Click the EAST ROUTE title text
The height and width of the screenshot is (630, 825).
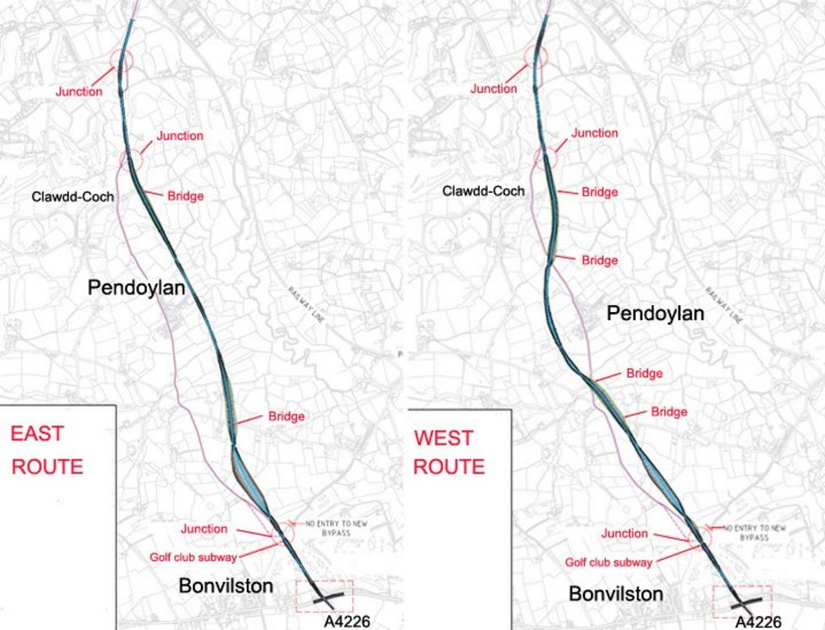(x=46, y=450)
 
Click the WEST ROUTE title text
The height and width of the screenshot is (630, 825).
(x=449, y=452)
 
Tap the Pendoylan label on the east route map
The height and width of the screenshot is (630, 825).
(x=136, y=288)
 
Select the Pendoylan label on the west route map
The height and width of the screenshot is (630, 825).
(x=655, y=314)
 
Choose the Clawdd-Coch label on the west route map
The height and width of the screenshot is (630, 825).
(x=483, y=191)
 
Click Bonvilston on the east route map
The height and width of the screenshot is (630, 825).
(x=226, y=586)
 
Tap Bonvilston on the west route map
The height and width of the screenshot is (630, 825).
(x=615, y=594)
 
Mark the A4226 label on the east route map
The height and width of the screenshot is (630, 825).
(x=347, y=622)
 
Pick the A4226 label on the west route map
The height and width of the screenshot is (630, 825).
(x=757, y=622)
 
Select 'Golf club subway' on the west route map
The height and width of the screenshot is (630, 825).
(x=609, y=562)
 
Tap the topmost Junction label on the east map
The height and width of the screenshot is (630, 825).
(x=79, y=91)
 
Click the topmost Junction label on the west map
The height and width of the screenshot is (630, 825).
(x=494, y=89)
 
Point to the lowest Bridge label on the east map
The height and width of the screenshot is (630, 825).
(x=287, y=416)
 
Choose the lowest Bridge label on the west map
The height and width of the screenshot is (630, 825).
(x=669, y=412)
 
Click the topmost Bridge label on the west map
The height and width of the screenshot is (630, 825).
(x=599, y=192)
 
